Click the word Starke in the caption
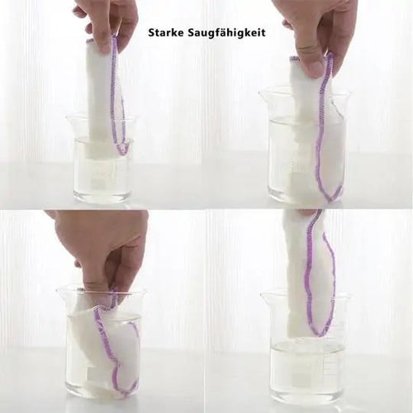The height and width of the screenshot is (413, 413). pos(166,32)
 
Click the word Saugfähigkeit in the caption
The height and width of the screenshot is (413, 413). pos(226,33)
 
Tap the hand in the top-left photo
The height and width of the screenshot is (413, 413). pos(107,24)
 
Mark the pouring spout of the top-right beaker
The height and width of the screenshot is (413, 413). pos(263,94)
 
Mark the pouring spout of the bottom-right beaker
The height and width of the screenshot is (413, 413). pos(265,295)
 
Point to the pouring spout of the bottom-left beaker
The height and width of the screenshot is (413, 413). pos(61,291)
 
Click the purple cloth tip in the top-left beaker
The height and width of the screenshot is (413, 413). pos(121,150)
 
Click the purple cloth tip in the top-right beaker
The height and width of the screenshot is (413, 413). pos(333,196)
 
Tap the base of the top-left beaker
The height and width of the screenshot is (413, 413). pos(101,199)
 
